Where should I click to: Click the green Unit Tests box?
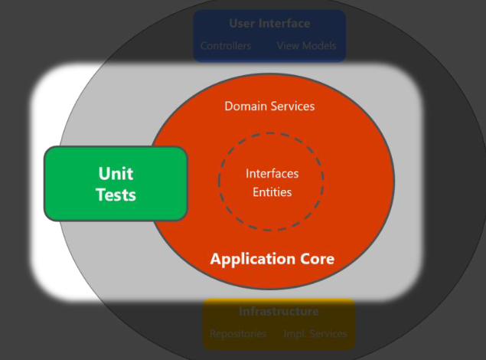pyautogui.click(x=116, y=184)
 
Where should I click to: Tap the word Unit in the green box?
pyautogui.click(x=116, y=173)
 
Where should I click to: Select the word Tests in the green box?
pyautogui.click(x=116, y=195)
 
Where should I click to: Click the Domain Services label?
pyautogui.click(x=269, y=106)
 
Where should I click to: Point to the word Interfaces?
pyautogui.click(x=272, y=174)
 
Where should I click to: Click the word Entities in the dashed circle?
pyautogui.click(x=272, y=192)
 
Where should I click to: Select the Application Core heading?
pyautogui.click(x=272, y=259)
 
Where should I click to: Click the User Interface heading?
pyautogui.click(x=269, y=24)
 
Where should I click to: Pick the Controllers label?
pyautogui.click(x=226, y=46)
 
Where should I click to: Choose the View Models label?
pyautogui.click(x=306, y=46)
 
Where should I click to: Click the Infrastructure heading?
pyautogui.click(x=279, y=312)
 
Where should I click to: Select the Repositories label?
pyautogui.click(x=238, y=334)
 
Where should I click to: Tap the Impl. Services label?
pyautogui.click(x=315, y=334)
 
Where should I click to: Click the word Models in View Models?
pyautogui.click(x=319, y=46)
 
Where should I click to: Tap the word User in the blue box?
pyautogui.click(x=241, y=24)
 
